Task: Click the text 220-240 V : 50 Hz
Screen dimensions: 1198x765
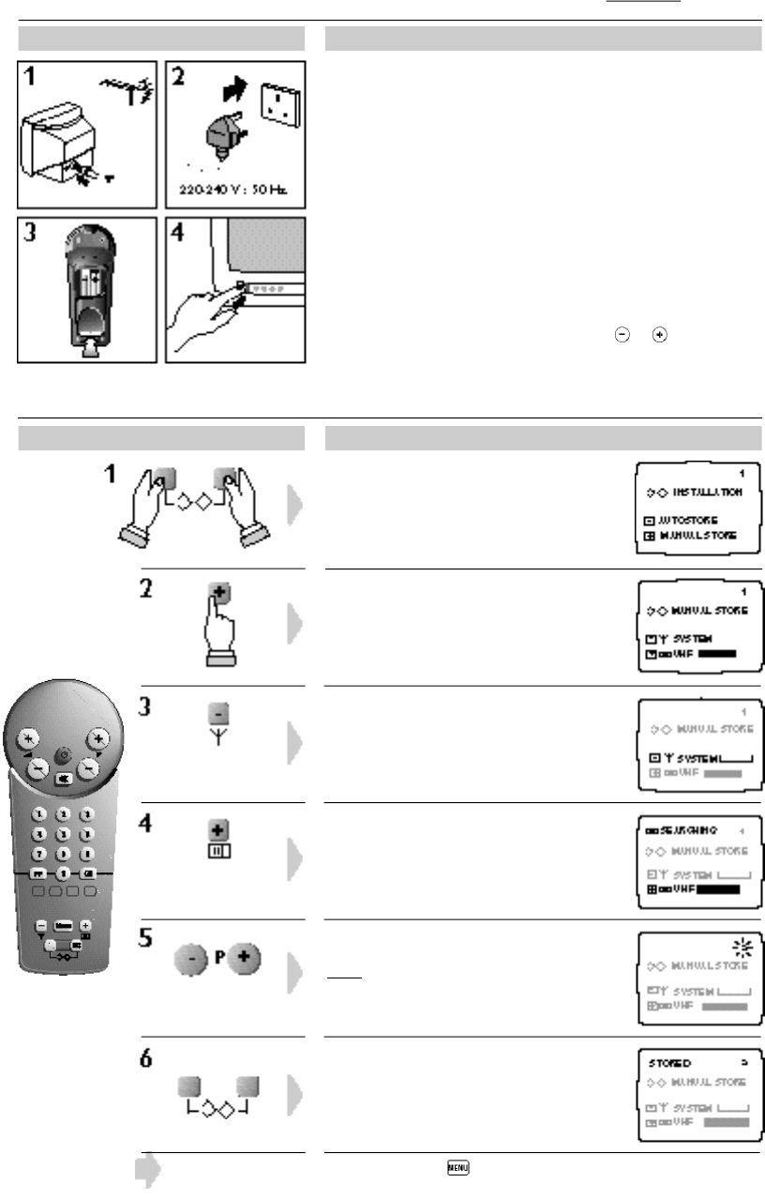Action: pos(235,188)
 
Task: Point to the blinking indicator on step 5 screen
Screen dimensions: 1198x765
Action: pos(739,944)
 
